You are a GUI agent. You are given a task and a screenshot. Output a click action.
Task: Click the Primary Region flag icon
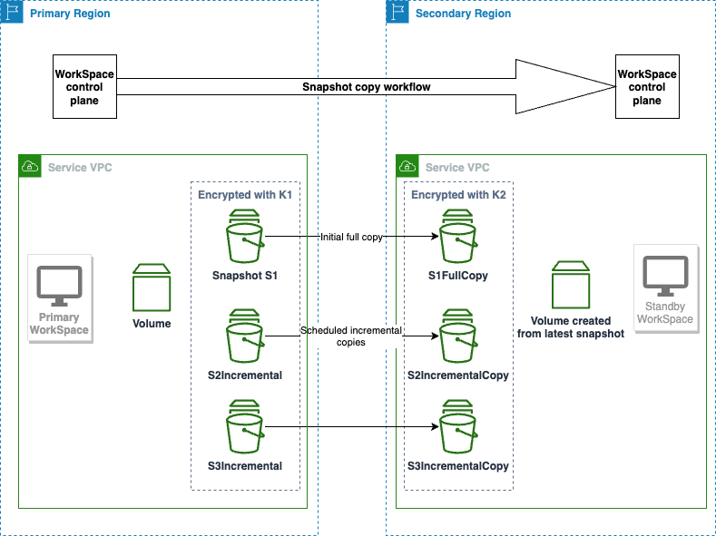point(12,12)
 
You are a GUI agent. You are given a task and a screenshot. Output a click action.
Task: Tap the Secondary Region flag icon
point(397,12)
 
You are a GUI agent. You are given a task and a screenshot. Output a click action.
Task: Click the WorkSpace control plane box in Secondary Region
point(646,87)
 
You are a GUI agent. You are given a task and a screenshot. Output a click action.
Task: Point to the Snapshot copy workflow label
point(367,87)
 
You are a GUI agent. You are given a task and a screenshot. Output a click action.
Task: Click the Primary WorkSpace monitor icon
point(59,286)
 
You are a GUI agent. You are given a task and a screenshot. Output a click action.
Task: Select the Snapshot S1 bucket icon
point(245,237)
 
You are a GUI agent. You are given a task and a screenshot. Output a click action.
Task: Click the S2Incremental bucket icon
point(245,336)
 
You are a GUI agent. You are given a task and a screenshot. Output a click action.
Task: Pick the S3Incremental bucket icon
point(245,429)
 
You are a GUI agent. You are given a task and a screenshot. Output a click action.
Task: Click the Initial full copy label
point(351,237)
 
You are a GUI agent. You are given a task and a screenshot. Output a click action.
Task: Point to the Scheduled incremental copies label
point(351,336)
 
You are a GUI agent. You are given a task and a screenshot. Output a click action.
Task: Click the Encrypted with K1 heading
point(244,195)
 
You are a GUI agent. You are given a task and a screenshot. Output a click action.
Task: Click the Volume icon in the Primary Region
point(152,287)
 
